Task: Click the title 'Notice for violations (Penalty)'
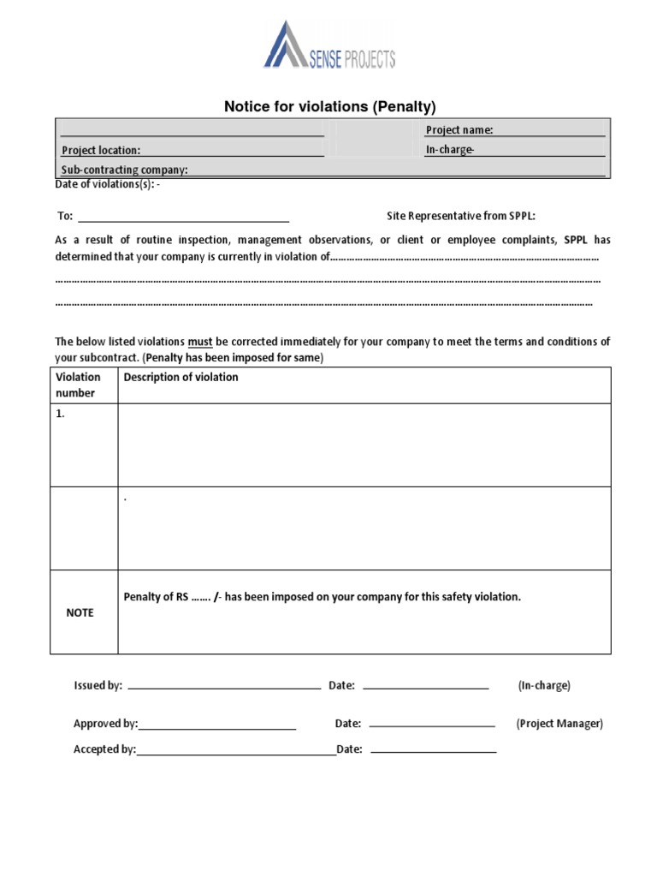pyautogui.click(x=329, y=107)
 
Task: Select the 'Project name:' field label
pyautogui.click(x=459, y=130)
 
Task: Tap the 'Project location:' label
pyautogui.click(x=100, y=150)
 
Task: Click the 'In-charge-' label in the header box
pyautogui.click(x=449, y=150)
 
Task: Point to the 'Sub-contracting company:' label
pyautogui.click(x=124, y=170)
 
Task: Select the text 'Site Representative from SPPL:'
pyautogui.click(x=461, y=216)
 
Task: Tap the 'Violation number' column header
pyautogui.click(x=78, y=385)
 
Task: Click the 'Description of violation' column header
pyautogui.click(x=181, y=377)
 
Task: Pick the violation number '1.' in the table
pyautogui.click(x=61, y=413)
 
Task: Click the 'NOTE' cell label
pyautogui.click(x=80, y=613)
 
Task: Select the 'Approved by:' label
pyautogui.click(x=105, y=724)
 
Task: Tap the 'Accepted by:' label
pyautogui.click(x=104, y=749)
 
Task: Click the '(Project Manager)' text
pyautogui.click(x=559, y=724)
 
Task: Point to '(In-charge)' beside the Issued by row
pyautogui.click(x=543, y=686)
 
